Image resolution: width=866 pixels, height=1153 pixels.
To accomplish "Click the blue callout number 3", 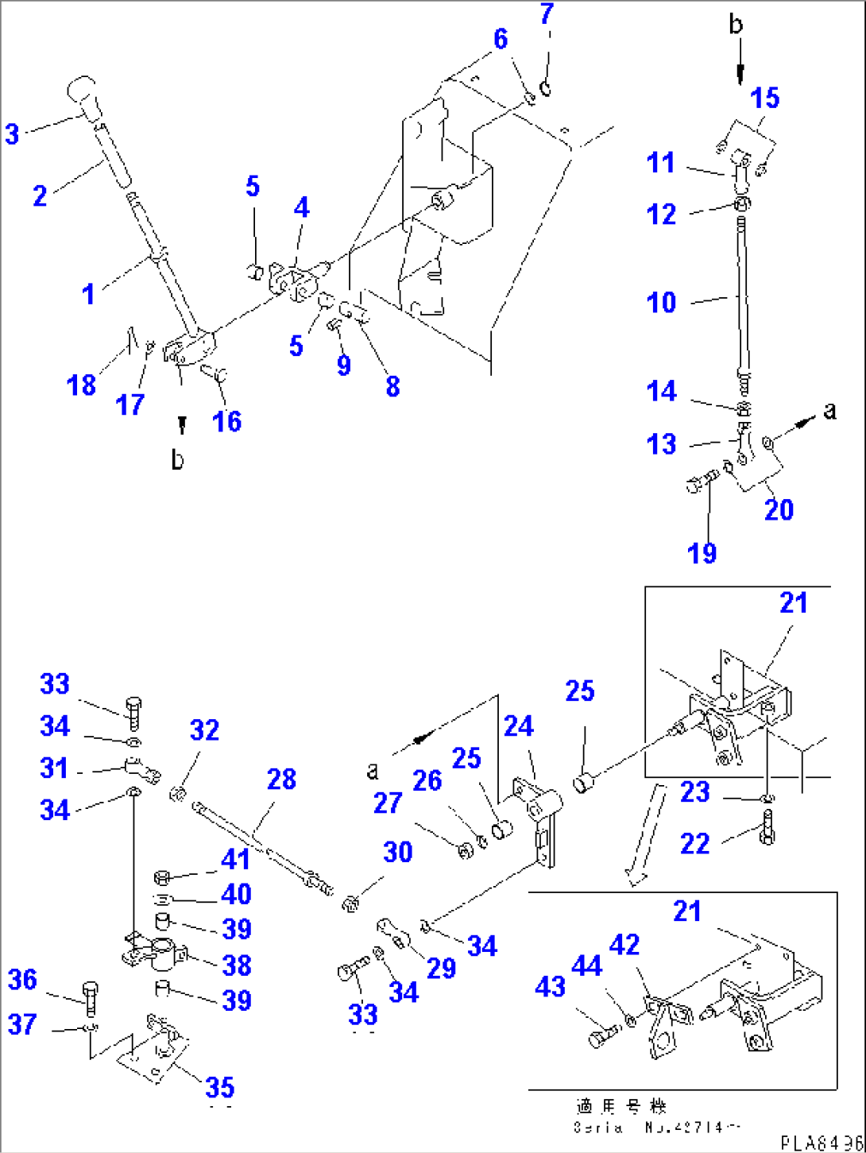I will coord(12,133).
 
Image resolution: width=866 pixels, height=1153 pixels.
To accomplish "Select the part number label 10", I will coord(662,303).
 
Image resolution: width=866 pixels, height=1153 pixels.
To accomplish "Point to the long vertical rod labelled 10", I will coord(743,302).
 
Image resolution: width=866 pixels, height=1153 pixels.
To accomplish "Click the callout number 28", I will coord(281,780).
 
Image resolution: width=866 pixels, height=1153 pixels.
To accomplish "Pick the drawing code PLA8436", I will coord(820,1143).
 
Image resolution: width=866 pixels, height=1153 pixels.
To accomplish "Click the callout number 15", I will coord(765,99).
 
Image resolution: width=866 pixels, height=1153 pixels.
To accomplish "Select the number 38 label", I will coord(237,965).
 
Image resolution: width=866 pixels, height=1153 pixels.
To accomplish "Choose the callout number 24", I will coord(519,725).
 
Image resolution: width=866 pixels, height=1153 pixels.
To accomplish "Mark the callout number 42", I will coord(625,945).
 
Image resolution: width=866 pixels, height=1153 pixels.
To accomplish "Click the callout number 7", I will coord(547,14).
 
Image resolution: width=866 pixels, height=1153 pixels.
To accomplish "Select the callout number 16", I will coord(226,420).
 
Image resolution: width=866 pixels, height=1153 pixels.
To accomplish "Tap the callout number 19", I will coord(702,553).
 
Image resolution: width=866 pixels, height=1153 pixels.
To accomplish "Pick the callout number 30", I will coord(397,852).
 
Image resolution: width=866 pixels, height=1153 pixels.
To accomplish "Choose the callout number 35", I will coord(220,1087).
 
